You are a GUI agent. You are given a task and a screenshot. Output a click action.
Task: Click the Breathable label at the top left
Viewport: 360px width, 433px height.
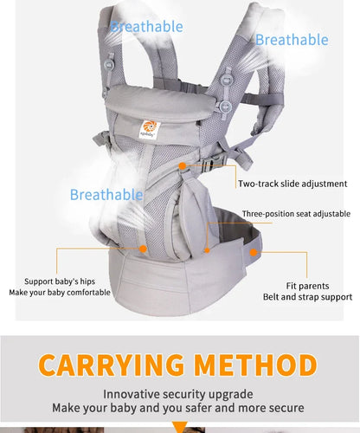coord(147,27)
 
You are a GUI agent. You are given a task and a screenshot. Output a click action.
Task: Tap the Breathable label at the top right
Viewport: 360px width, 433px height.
coord(292,40)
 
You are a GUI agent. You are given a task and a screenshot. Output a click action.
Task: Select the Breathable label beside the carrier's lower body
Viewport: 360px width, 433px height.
coord(106,195)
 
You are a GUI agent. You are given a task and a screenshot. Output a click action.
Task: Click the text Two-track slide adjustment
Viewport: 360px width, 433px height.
coord(292,184)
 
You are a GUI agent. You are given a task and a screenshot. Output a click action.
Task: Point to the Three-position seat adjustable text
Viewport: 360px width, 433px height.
coord(296,214)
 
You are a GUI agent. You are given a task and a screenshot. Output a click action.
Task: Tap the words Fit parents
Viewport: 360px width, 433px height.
coord(306,285)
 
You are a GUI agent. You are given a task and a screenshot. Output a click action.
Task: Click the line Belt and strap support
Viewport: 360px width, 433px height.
coord(306,297)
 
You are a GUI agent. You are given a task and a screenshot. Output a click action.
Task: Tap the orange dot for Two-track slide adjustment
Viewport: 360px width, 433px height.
coord(183,164)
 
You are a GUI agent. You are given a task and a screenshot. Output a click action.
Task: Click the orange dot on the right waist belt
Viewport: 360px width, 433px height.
coord(253,253)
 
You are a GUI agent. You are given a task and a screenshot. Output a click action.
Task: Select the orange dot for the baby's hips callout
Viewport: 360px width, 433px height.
coord(142,248)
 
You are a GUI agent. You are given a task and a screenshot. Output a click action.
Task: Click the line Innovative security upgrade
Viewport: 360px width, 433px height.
coord(179,393)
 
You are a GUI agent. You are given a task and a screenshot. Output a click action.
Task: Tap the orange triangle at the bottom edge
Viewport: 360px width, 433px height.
coord(180,428)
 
